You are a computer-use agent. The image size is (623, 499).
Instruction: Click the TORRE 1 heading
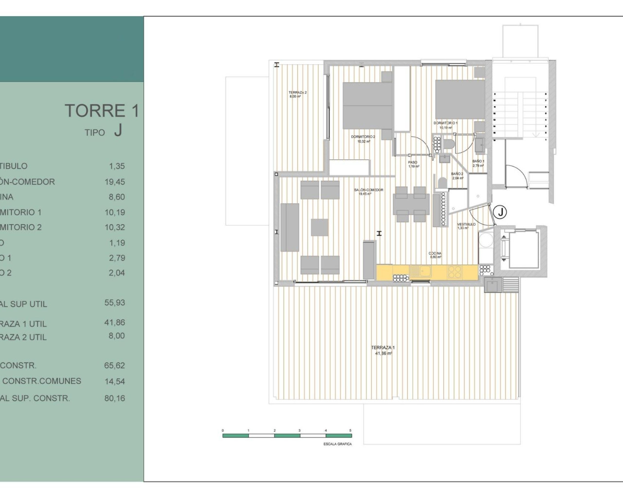[102, 111]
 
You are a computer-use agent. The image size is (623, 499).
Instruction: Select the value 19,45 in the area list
[117, 182]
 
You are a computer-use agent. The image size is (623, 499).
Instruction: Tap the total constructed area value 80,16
[114, 398]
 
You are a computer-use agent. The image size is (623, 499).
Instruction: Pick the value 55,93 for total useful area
[114, 303]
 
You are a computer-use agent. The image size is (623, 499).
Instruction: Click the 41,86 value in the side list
[114, 322]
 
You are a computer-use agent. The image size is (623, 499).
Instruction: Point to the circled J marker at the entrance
[500, 212]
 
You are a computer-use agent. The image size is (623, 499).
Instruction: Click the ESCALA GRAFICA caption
[337, 444]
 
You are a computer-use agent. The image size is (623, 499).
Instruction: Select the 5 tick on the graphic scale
[350, 431]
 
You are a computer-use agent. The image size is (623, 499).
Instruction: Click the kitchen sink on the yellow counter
[420, 271]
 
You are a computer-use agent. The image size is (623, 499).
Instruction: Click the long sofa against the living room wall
[290, 228]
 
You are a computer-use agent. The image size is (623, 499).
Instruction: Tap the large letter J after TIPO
[118, 130]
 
